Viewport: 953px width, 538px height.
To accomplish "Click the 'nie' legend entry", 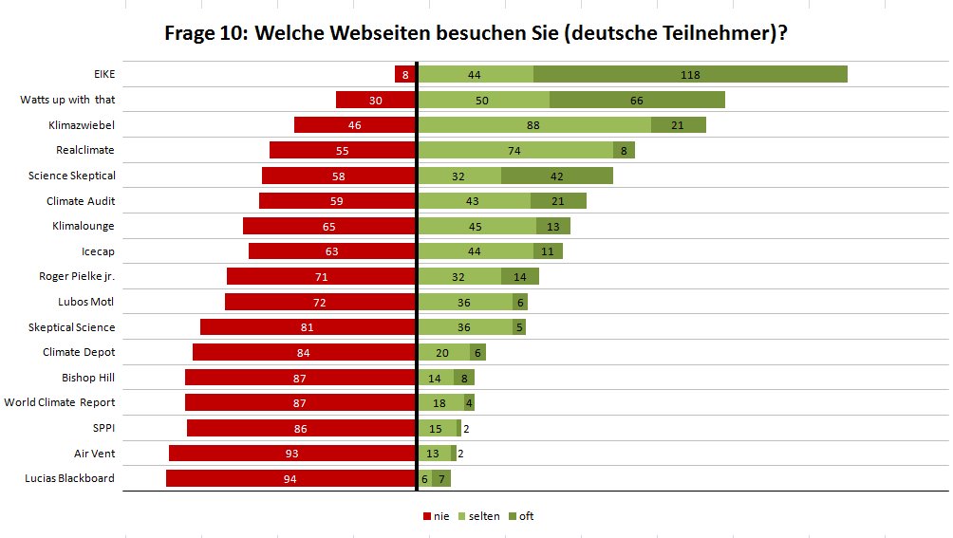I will click(436, 516).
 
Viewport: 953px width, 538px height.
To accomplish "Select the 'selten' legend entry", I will click(479, 516).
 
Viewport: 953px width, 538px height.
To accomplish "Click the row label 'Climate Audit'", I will click(81, 201).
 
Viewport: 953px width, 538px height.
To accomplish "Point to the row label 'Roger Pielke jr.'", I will click(77, 276).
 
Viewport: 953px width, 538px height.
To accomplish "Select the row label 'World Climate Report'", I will click(60, 402).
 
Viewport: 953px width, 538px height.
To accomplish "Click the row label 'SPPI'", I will click(103, 428).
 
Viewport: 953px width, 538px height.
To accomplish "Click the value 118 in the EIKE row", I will click(690, 74).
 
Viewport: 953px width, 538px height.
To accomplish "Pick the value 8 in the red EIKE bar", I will click(405, 74).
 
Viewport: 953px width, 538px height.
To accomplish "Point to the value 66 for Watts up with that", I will click(636, 100).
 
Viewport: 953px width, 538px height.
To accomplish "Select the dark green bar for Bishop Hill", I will click(463, 378).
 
